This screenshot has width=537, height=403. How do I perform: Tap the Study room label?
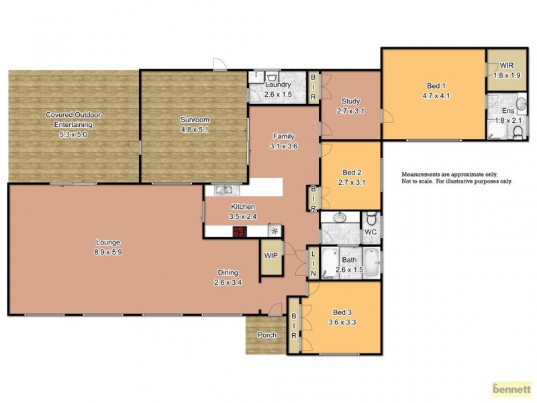pos(350,106)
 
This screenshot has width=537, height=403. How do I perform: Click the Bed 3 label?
pos(342,317)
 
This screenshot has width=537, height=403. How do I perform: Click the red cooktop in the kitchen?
pos(239,231)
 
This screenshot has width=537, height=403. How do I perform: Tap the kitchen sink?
pos(223,190)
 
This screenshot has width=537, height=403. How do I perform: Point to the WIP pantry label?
pos(271,255)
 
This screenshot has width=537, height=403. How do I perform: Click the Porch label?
pos(266,335)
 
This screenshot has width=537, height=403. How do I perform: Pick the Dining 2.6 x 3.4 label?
pos(228,277)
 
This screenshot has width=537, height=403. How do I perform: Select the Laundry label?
pos(278,89)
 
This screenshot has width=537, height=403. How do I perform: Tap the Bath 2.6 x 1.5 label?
pos(349,265)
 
